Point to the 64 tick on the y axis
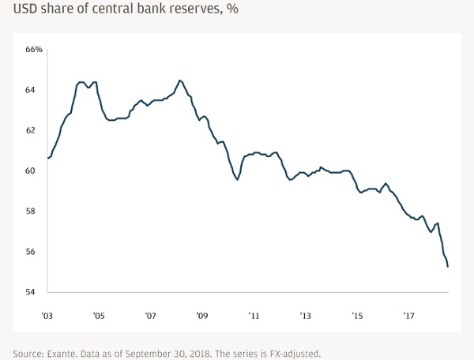[x=30, y=90]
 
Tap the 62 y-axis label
[x=30, y=130]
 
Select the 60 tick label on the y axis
[x=30, y=171]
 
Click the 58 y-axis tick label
[x=30, y=212]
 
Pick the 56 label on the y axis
[x=30, y=252]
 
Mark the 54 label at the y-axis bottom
[x=30, y=292]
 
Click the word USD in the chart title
[x=21, y=10]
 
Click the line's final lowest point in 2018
[x=449, y=267]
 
